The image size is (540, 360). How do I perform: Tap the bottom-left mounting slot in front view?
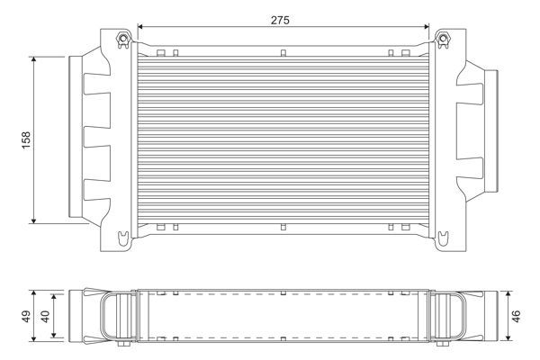121,238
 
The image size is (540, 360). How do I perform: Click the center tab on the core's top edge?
283,53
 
